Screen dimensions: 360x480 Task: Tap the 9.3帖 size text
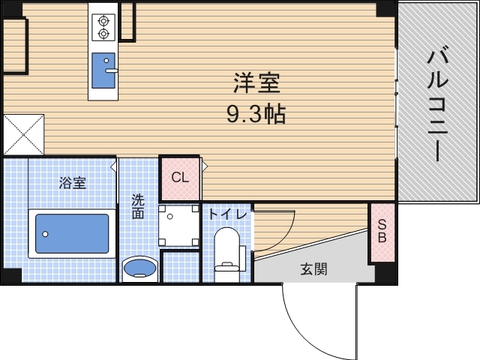pyautogui.click(x=256, y=114)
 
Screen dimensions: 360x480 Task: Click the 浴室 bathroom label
pyautogui.click(x=73, y=182)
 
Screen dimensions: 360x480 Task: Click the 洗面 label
pyautogui.click(x=139, y=206)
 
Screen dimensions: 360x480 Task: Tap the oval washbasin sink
pyautogui.click(x=139, y=268)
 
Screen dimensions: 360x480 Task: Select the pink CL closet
pyautogui.click(x=179, y=178)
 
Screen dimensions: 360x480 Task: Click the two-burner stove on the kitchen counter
pyautogui.click(x=103, y=27)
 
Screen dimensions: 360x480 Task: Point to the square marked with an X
pyautogui.click(x=23, y=134)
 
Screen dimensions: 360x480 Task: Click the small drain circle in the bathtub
pyautogui.click(x=45, y=234)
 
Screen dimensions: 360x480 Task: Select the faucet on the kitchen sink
pyautogui.click(x=111, y=70)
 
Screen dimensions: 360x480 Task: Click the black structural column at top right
pyautogui.click(x=385, y=8)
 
